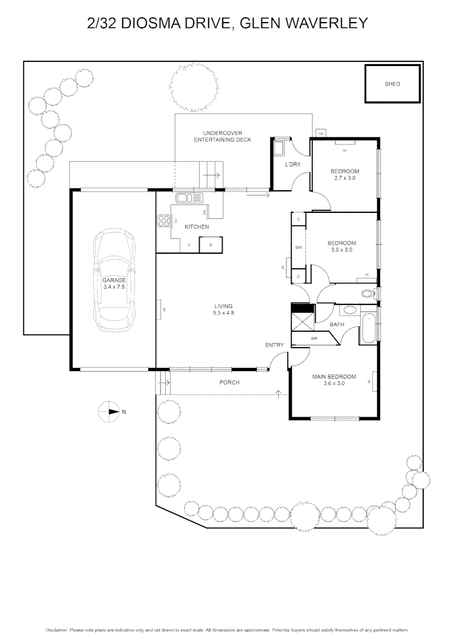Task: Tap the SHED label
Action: pos(392,84)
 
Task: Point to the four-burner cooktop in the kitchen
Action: pos(163,221)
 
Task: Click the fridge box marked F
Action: pos(189,245)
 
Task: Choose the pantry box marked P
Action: pos(210,245)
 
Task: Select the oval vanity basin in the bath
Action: pos(348,310)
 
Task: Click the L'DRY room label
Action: pos(293,164)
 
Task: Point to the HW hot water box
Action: pos(320,133)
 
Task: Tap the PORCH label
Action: pos(229,383)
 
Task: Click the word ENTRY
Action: pos(275,345)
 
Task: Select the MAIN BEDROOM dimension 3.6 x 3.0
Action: pos(334,384)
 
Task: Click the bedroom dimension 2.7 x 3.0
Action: pos(345,178)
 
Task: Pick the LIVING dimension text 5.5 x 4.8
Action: pos(224,313)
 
